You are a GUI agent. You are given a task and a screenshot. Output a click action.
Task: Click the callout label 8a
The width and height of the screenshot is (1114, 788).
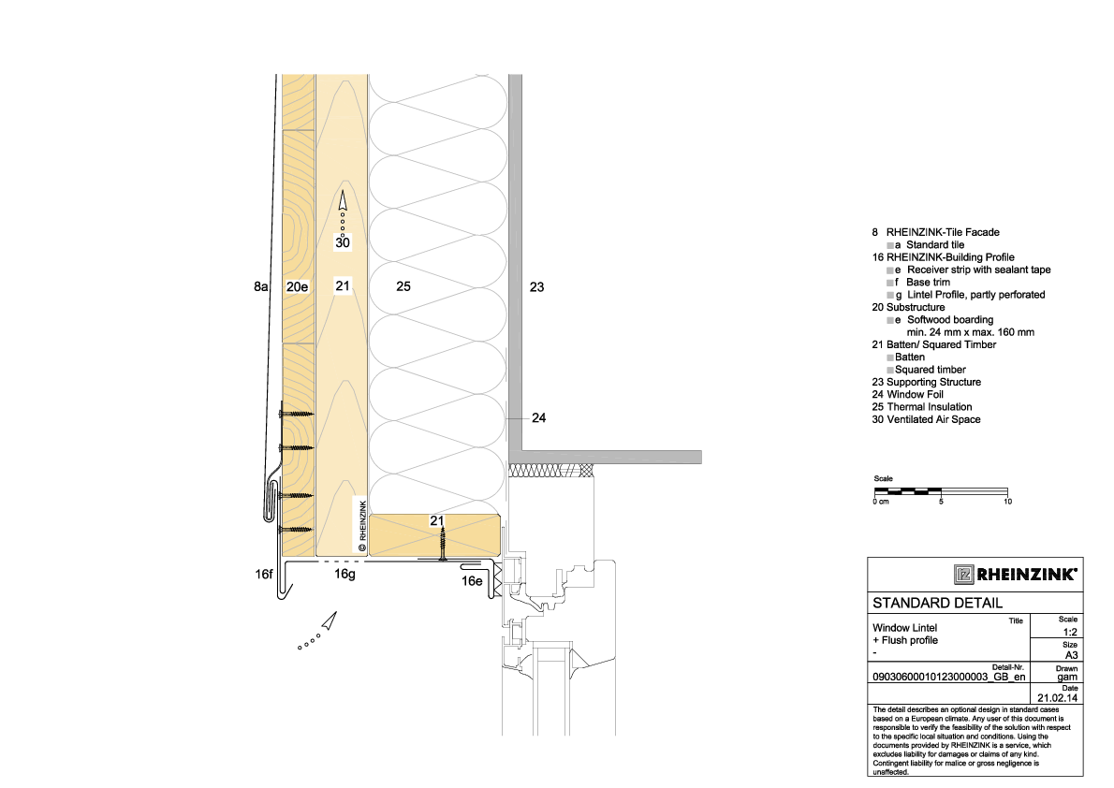pyautogui.click(x=261, y=287)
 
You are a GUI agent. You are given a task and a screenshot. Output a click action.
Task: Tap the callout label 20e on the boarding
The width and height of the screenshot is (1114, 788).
pyautogui.click(x=297, y=287)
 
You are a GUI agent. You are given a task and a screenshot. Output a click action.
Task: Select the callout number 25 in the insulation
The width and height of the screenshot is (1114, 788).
pyautogui.click(x=403, y=286)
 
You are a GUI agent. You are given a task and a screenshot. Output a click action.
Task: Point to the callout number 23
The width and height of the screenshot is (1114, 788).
pyautogui.click(x=537, y=287)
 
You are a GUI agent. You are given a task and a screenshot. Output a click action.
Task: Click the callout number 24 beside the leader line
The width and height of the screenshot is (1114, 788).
pyautogui.click(x=539, y=417)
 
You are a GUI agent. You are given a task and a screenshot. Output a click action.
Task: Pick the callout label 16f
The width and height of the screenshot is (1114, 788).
pyautogui.click(x=264, y=574)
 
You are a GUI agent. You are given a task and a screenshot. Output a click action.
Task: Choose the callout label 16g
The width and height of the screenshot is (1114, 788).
pyautogui.click(x=344, y=574)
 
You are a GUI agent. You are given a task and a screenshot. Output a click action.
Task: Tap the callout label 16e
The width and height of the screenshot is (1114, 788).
pyautogui.click(x=472, y=581)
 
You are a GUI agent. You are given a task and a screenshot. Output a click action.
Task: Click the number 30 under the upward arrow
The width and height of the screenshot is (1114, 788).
pyautogui.click(x=343, y=243)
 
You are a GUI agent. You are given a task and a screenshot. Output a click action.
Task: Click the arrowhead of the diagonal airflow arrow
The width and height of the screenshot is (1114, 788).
pyautogui.click(x=329, y=621)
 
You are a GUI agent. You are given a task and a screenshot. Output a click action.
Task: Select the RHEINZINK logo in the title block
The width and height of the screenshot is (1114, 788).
pyautogui.click(x=1015, y=575)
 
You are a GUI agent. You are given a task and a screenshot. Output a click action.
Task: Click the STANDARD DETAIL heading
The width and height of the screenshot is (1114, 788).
pyautogui.click(x=937, y=604)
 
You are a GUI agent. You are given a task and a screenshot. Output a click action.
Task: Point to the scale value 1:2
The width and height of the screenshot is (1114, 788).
pyautogui.click(x=1070, y=633)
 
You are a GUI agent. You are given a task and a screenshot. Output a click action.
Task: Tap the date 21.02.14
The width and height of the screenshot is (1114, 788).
pyautogui.click(x=1057, y=698)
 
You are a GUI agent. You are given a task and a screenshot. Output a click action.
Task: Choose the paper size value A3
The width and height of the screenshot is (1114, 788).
pyautogui.click(x=1071, y=656)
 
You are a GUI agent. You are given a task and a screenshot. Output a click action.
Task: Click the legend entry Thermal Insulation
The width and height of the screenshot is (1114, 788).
pyautogui.click(x=921, y=407)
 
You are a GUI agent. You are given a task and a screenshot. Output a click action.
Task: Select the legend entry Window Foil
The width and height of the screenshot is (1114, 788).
pyautogui.click(x=907, y=394)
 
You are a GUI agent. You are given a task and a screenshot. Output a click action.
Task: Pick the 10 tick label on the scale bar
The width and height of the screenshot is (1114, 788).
pyautogui.click(x=1007, y=502)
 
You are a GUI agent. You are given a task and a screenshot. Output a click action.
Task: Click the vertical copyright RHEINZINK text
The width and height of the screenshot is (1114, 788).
pyautogui.click(x=362, y=527)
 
